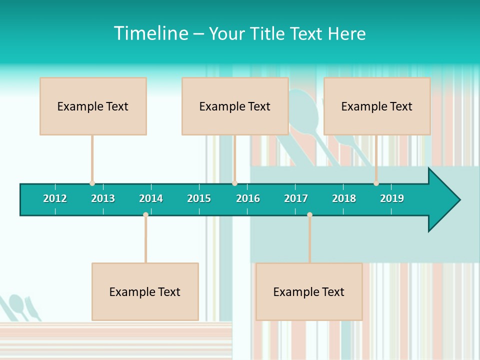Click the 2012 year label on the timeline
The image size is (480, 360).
(55, 198)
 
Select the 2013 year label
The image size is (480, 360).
(103, 198)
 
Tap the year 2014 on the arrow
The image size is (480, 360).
(151, 198)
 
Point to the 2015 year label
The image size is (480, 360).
(199, 198)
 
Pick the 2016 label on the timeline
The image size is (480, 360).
(248, 198)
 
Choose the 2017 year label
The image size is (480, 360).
(296, 198)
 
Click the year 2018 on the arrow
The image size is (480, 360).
(344, 198)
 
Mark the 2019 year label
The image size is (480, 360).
(392, 198)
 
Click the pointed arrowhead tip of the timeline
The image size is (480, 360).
(458, 200)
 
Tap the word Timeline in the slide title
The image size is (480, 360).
(150, 33)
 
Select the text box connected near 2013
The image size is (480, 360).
(93, 106)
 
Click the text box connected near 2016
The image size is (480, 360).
(235, 106)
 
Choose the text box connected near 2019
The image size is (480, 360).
(377, 106)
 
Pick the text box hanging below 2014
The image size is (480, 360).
(145, 291)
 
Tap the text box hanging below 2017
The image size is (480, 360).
(309, 291)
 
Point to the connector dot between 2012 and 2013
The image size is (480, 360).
(92, 183)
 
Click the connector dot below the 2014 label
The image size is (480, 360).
(145, 215)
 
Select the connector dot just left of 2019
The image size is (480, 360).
(376, 183)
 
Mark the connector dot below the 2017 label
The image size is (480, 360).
(309, 215)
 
